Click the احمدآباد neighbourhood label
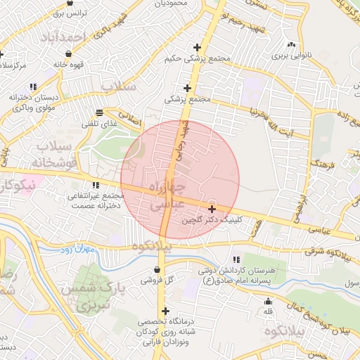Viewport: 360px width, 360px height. click(x=71, y=36)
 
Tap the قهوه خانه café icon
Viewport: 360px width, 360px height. click(x=67, y=53)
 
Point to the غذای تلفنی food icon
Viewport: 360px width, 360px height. click(x=101, y=112)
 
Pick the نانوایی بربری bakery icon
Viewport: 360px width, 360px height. click(x=291, y=43)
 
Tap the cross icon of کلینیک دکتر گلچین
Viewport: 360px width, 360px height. click(x=212, y=209)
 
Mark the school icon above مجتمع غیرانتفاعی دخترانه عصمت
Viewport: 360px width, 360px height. click(x=95, y=184)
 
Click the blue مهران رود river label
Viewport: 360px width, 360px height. click(x=77, y=249)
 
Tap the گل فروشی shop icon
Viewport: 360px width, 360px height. click(x=157, y=269)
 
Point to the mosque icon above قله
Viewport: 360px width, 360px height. click(x=268, y=300)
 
